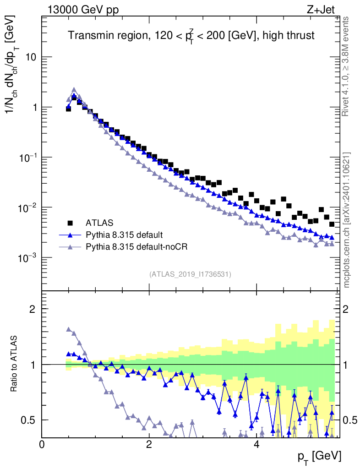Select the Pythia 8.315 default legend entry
[x=124, y=235]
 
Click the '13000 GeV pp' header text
[x=82, y=10]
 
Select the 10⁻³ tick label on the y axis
[x=27, y=258]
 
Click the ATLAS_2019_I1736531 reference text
[x=190, y=274]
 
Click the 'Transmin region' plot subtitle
[x=191, y=36]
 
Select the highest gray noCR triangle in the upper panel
[x=74, y=90]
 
